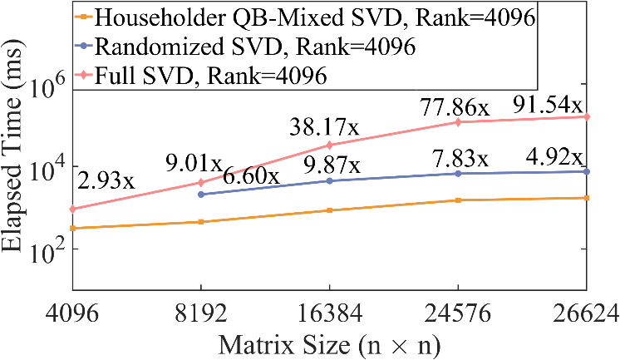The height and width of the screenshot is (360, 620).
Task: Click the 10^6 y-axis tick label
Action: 49,88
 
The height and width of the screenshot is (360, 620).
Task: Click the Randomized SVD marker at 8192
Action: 201,194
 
